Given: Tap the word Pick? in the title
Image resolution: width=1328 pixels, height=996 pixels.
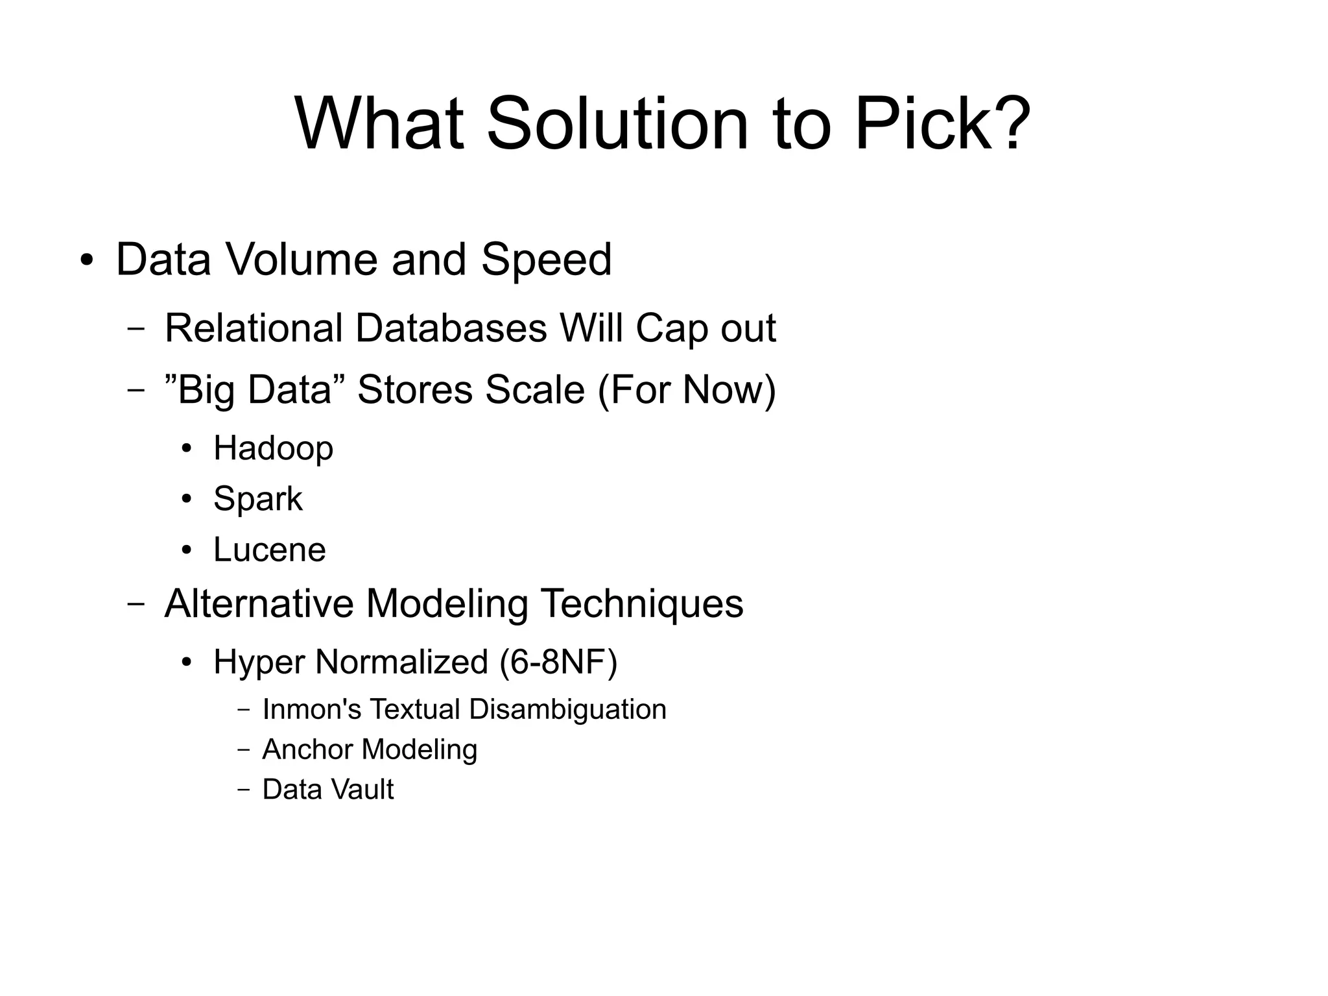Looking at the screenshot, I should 942,123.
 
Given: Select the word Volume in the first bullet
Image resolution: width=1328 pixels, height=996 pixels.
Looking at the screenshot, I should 302,260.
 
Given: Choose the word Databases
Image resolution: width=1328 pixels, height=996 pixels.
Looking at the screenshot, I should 451,328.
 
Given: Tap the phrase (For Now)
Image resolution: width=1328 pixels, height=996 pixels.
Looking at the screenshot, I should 687,390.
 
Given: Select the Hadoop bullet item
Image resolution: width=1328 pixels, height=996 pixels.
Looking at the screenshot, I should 273,448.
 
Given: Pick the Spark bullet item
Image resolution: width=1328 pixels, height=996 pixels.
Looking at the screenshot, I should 257,500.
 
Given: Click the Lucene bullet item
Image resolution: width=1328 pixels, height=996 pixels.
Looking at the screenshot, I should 269,550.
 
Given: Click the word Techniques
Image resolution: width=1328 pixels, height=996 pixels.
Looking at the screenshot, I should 641,603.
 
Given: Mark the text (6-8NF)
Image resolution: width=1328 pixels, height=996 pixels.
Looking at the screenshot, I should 558,662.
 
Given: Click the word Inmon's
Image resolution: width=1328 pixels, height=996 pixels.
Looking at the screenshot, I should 311,709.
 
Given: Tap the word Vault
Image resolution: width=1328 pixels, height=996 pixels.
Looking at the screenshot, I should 368,790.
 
